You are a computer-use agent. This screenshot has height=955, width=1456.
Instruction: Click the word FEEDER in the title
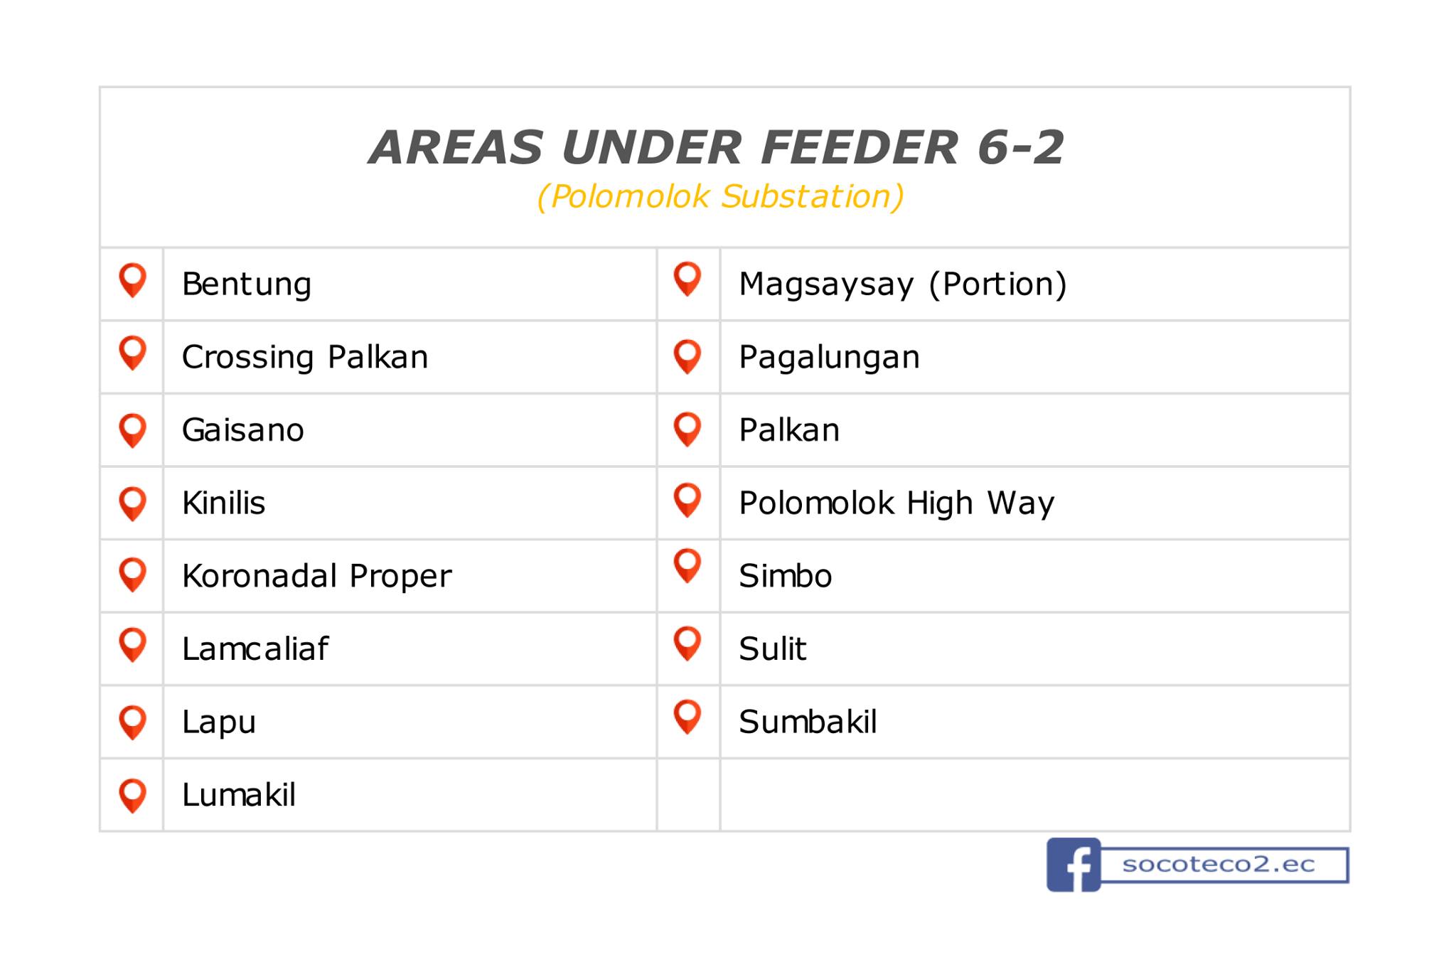(859, 147)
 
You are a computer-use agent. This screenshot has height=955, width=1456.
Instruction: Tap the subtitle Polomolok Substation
(720, 197)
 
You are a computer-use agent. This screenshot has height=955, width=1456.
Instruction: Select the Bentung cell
(247, 285)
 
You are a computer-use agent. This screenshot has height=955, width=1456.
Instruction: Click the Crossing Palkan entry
(305, 358)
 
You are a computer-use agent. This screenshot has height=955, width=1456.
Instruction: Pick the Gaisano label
(243, 430)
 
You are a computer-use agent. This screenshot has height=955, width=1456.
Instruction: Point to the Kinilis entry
(224, 503)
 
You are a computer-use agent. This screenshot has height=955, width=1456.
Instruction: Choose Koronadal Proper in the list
(317, 576)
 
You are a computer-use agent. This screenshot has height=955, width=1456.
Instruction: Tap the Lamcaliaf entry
(255, 649)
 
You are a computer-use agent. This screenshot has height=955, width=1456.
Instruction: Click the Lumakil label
(239, 794)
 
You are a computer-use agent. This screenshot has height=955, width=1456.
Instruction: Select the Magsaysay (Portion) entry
(903, 284)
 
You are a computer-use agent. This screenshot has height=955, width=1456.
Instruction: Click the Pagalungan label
(829, 358)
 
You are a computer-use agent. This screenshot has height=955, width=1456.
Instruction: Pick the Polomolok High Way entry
(896, 503)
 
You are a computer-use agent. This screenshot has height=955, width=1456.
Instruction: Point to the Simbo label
(786, 576)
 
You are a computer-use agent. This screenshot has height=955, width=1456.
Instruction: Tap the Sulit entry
(773, 649)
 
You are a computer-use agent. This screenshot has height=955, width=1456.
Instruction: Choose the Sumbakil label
(808, 722)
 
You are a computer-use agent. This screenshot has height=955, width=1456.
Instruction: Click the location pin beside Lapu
(133, 722)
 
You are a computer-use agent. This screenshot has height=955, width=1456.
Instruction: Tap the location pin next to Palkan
(687, 430)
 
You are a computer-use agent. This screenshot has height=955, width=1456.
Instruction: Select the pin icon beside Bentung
(133, 280)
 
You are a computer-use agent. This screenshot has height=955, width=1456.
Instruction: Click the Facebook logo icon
(1074, 865)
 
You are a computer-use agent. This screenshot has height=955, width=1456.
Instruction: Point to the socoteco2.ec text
(1219, 865)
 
